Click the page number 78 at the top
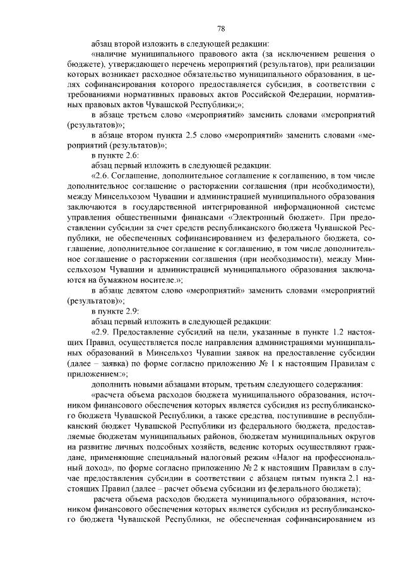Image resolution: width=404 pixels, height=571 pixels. [x=220, y=28]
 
